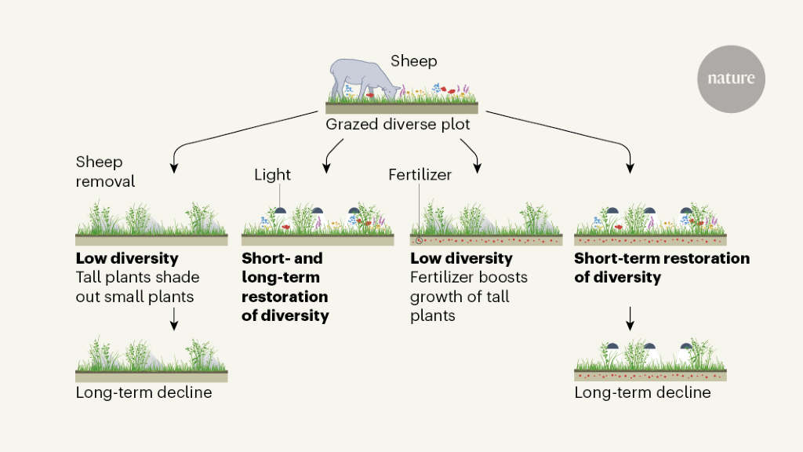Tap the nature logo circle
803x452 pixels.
coord(731,78)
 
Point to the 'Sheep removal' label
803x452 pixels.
coord(106,172)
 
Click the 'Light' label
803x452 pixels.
coord(272,174)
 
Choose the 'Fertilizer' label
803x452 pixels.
coord(420,174)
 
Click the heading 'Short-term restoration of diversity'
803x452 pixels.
coord(662,268)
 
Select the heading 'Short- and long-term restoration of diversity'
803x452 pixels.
coord(285,287)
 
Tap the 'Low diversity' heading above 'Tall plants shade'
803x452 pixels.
coord(127,258)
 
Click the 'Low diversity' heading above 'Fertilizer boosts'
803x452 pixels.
coord(461,258)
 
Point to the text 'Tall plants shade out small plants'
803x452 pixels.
coord(137,286)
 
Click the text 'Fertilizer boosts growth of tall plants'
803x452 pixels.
coord(468,297)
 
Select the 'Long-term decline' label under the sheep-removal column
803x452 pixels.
coord(144,392)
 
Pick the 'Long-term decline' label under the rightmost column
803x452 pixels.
coord(642,392)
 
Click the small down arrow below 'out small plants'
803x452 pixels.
coord(173,317)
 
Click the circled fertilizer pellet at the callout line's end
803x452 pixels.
coord(420,239)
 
